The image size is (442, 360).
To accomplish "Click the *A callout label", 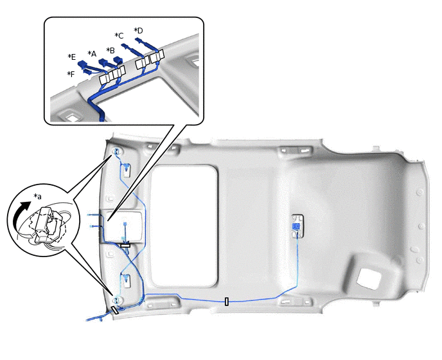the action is pos(92,53).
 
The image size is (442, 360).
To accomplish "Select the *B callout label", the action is pos(110,51).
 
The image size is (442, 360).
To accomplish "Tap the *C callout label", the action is pos(119,36).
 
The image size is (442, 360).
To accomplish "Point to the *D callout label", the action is pos(138,30).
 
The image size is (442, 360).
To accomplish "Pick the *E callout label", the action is pos(71,57).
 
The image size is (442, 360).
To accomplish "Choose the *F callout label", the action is pos(71,74).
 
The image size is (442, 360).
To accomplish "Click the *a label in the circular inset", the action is pos(37,196).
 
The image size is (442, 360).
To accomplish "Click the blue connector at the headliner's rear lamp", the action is pos(296,226).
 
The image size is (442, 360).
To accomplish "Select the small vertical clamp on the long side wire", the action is pos(227,301).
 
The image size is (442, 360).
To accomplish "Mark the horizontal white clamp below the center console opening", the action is pos(125,246).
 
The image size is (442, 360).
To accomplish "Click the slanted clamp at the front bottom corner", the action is pos(115,310).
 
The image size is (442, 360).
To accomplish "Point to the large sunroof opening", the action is pos(184,226).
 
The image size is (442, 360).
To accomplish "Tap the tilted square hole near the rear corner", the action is pos(369,279).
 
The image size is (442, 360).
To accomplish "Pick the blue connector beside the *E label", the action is pos(83,65).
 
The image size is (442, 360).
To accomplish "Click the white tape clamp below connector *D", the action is pos(157,57).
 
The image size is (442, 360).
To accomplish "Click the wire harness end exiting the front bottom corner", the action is pos(88,320).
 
